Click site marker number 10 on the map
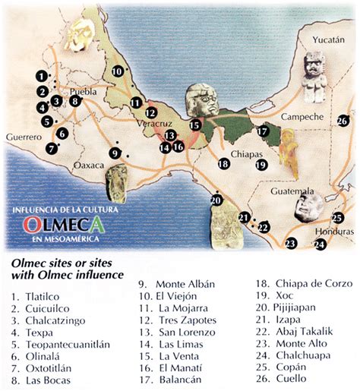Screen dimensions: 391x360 tap(118, 71)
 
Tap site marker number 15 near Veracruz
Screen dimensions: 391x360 tap(195, 125)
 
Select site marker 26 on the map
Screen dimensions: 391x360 tap(343, 120)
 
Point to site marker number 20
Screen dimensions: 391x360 tap(216, 200)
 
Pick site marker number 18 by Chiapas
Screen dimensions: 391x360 tap(223, 162)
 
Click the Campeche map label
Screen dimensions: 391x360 tap(302, 117)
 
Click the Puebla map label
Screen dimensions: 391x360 tap(83, 91)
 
